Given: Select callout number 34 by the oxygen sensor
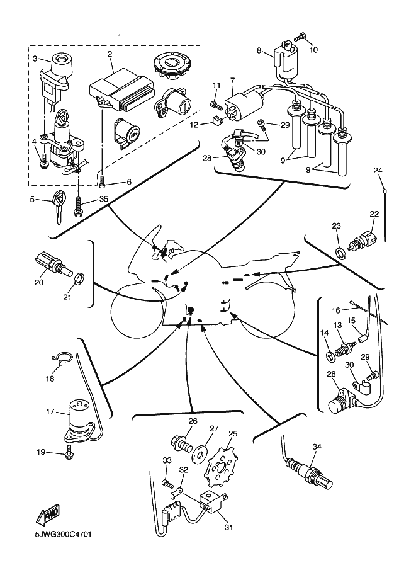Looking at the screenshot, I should tap(317, 447).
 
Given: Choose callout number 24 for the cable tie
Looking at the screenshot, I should tap(378, 170).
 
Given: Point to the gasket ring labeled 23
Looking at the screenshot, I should tap(340, 253).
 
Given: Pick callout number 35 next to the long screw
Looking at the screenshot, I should tap(104, 199).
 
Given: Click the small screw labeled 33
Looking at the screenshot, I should tap(168, 484).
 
